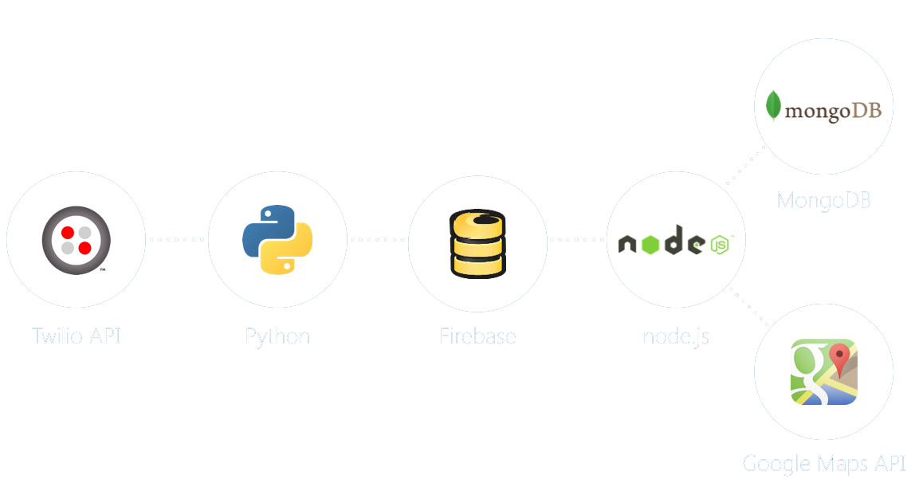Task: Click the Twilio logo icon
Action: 77,240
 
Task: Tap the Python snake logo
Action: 277,240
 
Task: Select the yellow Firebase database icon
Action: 477,243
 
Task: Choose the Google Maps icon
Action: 823,371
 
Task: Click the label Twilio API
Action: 77,336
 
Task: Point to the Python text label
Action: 277,336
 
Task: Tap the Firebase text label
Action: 477,336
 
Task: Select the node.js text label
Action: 676,336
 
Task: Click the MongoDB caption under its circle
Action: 824,200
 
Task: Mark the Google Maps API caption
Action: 824,463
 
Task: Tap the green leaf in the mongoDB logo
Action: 772,106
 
